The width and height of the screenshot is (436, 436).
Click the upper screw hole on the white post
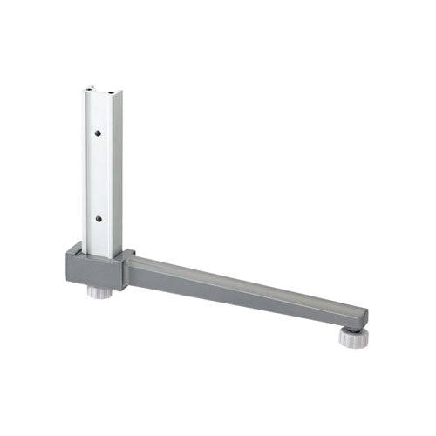pos(99,133)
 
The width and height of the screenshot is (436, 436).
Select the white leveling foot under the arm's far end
pos(350,338)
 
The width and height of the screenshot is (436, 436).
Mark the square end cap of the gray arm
pos(359,317)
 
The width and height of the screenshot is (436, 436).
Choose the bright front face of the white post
pos(98,174)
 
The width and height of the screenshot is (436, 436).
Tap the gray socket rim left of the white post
pos(73,253)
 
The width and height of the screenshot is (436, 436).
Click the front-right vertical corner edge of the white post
pos(112,174)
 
